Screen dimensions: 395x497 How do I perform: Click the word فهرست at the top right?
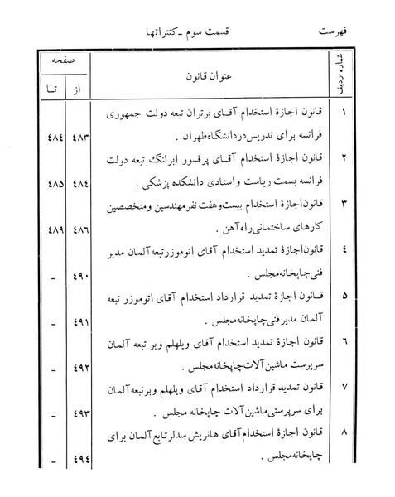(335, 32)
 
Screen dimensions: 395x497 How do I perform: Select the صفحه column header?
(64, 62)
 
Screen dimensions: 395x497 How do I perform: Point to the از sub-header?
(82, 85)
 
